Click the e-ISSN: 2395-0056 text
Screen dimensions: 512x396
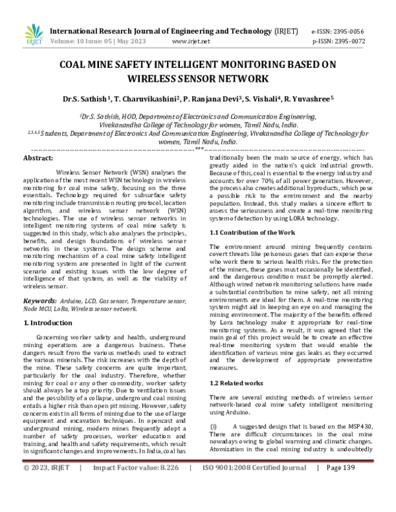337,30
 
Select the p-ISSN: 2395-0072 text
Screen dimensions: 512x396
337,41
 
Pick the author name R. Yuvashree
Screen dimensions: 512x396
304,99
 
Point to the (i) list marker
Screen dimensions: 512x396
213,426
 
